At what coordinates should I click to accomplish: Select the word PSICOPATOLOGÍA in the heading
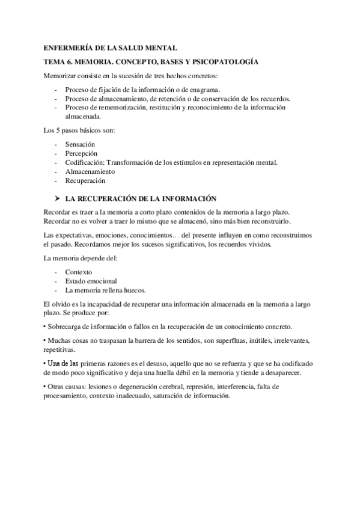(x=222, y=61)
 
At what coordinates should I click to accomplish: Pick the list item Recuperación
(x=85, y=180)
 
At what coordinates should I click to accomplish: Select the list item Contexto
(x=79, y=272)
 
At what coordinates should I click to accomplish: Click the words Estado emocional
(x=91, y=281)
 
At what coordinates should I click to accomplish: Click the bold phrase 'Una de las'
(x=61, y=364)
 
